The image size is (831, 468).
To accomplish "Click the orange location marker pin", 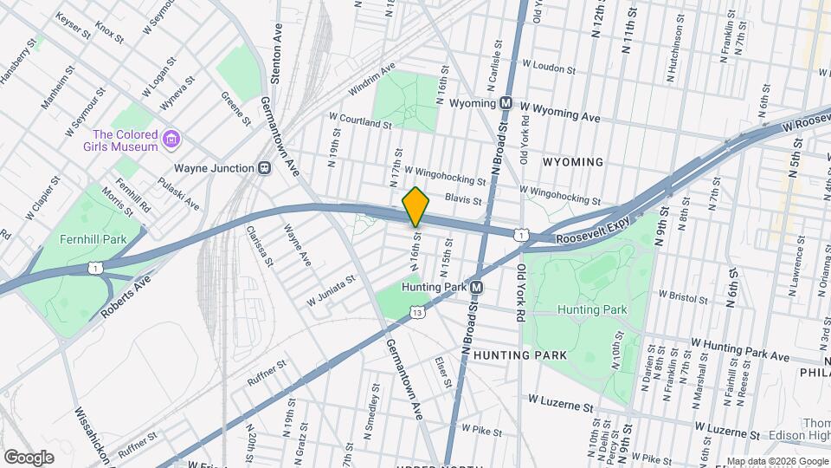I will point(415,206).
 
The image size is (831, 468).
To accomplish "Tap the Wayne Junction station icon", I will point(261,168).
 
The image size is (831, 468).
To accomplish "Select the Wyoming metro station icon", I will point(507,103).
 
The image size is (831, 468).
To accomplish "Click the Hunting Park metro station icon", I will point(476,287).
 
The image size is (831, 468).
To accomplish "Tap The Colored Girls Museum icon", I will point(171,140).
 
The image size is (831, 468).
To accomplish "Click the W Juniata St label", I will point(331,291).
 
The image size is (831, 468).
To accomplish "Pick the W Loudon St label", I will point(549,68).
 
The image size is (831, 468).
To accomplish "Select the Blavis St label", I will point(462,200).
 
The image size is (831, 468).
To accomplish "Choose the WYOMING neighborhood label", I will point(572,162).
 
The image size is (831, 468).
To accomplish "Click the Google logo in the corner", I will point(29,457).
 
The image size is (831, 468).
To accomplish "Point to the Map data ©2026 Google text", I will point(776,461).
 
